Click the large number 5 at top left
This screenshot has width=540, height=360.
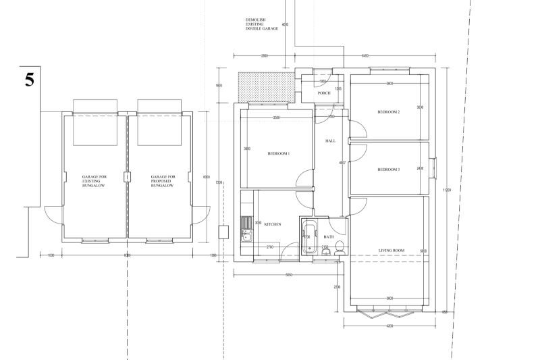coord(29,79)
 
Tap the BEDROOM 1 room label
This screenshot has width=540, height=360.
coord(278,154)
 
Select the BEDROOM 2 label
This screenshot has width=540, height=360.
coord(389,111)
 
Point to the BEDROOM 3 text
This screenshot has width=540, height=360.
coord(389,169)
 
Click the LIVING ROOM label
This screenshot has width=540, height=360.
coord(391,251)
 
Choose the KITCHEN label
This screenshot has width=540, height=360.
coord(272,224)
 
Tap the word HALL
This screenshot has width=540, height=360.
coord(331,141)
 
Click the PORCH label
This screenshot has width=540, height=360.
coord(324,93)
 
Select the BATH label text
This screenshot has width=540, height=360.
coord(329,237)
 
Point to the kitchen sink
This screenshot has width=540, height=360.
coord(246,235)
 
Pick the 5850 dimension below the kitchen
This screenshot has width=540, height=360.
coord(288,276)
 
